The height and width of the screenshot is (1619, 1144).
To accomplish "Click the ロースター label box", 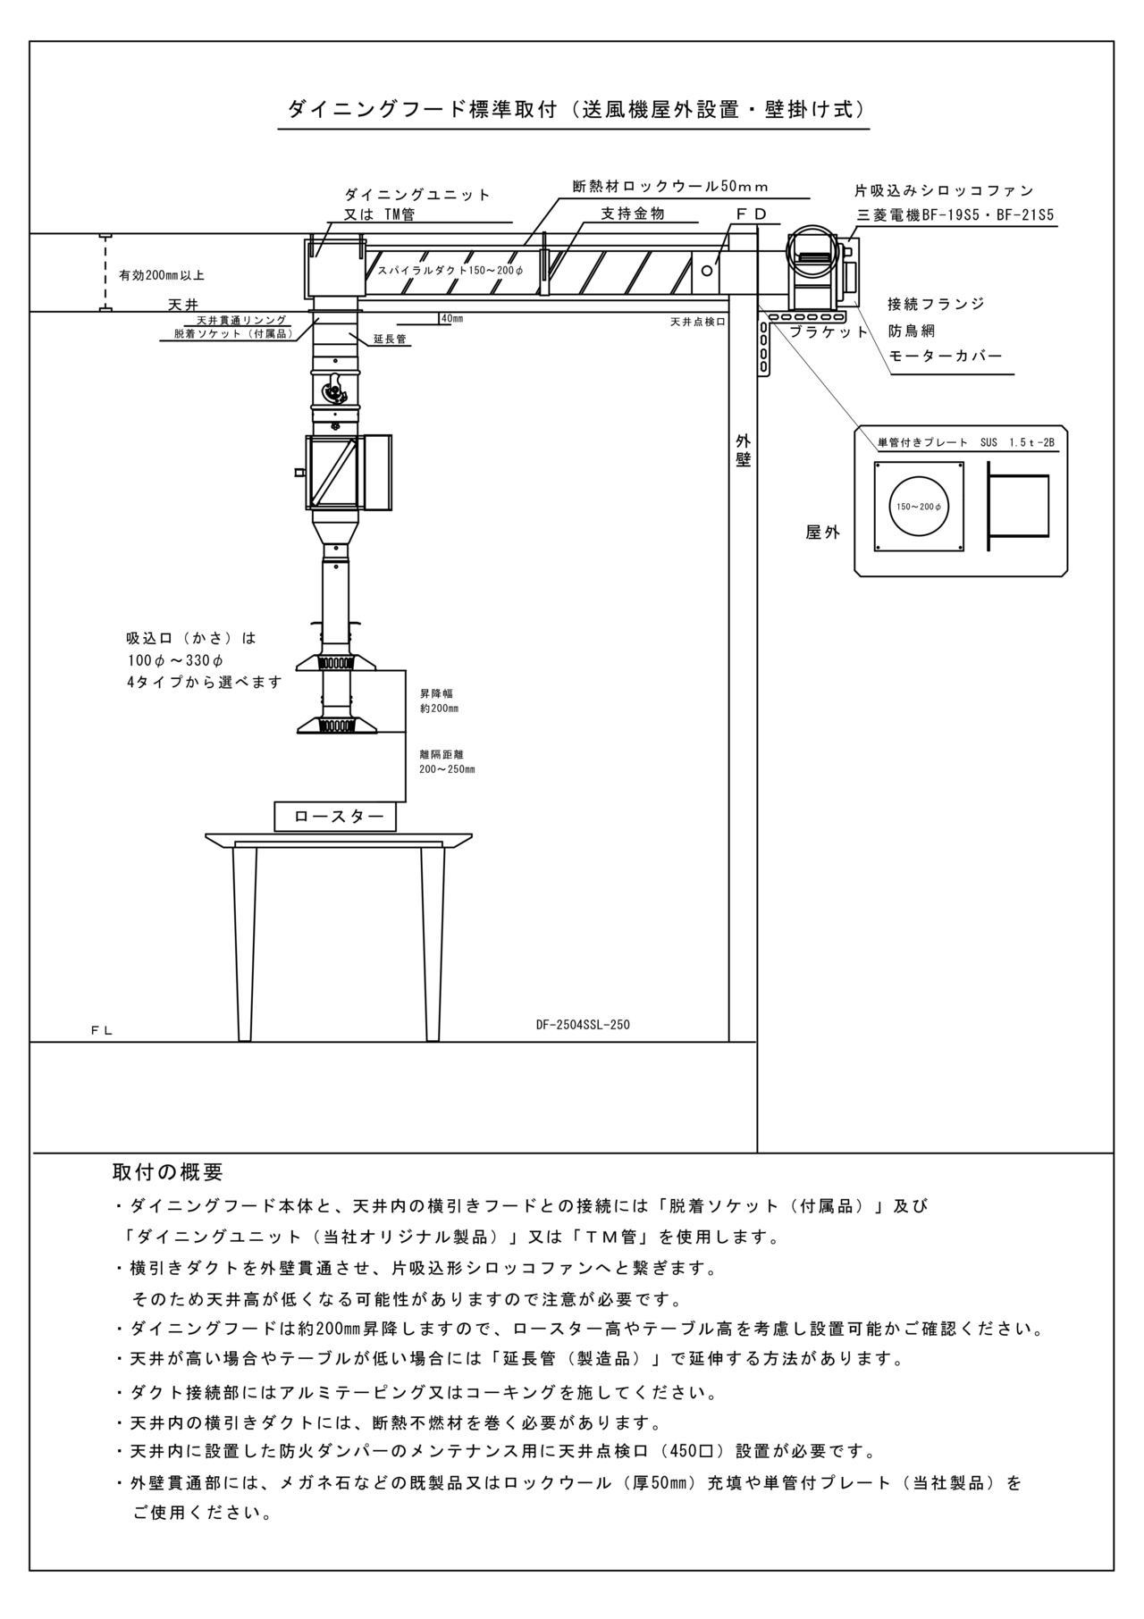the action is tap(335, 817).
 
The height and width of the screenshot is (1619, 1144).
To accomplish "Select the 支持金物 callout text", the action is tap(633, 214).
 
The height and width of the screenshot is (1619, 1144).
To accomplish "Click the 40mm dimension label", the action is tap(451, 318).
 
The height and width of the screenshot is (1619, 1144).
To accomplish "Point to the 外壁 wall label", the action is tap(744, 450).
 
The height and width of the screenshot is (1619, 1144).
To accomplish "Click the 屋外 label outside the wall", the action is tap(823, 533).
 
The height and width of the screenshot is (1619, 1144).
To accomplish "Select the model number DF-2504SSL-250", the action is tap(583, 1025).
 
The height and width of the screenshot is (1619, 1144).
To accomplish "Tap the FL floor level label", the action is tap(101, 1030).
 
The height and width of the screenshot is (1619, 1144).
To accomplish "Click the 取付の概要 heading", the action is tap(167, 1171).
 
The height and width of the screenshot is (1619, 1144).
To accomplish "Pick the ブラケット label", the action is tap(828, 331).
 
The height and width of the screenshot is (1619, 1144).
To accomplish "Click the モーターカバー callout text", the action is tap(945, 356).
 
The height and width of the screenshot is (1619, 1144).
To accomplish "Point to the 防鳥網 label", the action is tap(912, 331).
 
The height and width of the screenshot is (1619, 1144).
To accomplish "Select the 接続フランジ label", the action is tap(936, 304).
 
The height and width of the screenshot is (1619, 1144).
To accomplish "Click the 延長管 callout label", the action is tap(390, 339).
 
